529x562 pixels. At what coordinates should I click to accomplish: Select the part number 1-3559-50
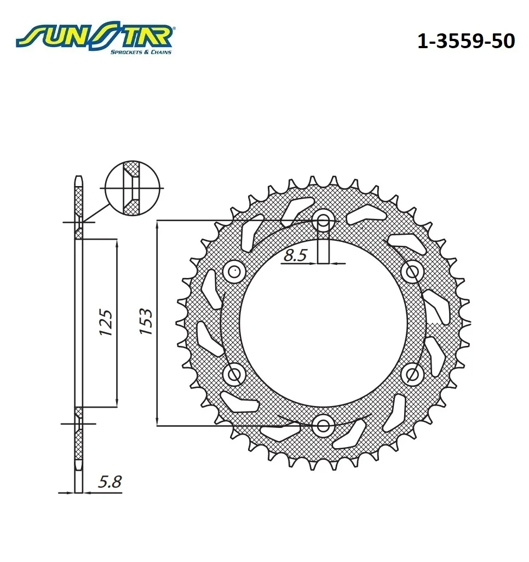466,41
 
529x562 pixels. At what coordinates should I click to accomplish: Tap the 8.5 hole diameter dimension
295,255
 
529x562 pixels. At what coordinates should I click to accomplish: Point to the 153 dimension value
146,322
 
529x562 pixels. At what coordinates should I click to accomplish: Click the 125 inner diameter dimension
106,322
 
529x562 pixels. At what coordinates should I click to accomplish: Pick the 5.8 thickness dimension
110,482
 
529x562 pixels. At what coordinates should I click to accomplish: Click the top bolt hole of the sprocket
323,221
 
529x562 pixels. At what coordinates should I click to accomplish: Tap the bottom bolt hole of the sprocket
323,426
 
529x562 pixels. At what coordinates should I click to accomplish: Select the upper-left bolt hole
234,272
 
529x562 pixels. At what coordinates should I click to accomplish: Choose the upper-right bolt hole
412,272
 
